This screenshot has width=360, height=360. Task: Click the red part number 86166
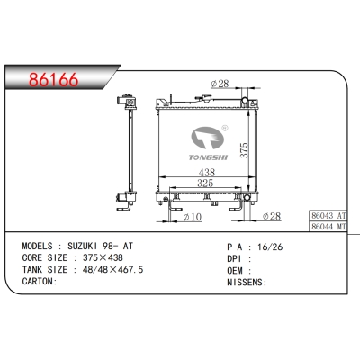point(54,80)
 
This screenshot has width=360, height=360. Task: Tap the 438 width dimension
point(207,172)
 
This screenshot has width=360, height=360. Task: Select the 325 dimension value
point(205,183)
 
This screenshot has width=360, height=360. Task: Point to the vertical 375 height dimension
point(245,150)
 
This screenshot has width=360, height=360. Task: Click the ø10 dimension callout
point(193,217)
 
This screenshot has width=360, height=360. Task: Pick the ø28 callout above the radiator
point(220,84)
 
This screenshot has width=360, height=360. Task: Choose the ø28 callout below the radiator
point(272,216)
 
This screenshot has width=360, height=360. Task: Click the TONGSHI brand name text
point(208,157)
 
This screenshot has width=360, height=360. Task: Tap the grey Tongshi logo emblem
point(208,138)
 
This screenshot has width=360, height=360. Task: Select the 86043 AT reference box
point(328,215)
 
